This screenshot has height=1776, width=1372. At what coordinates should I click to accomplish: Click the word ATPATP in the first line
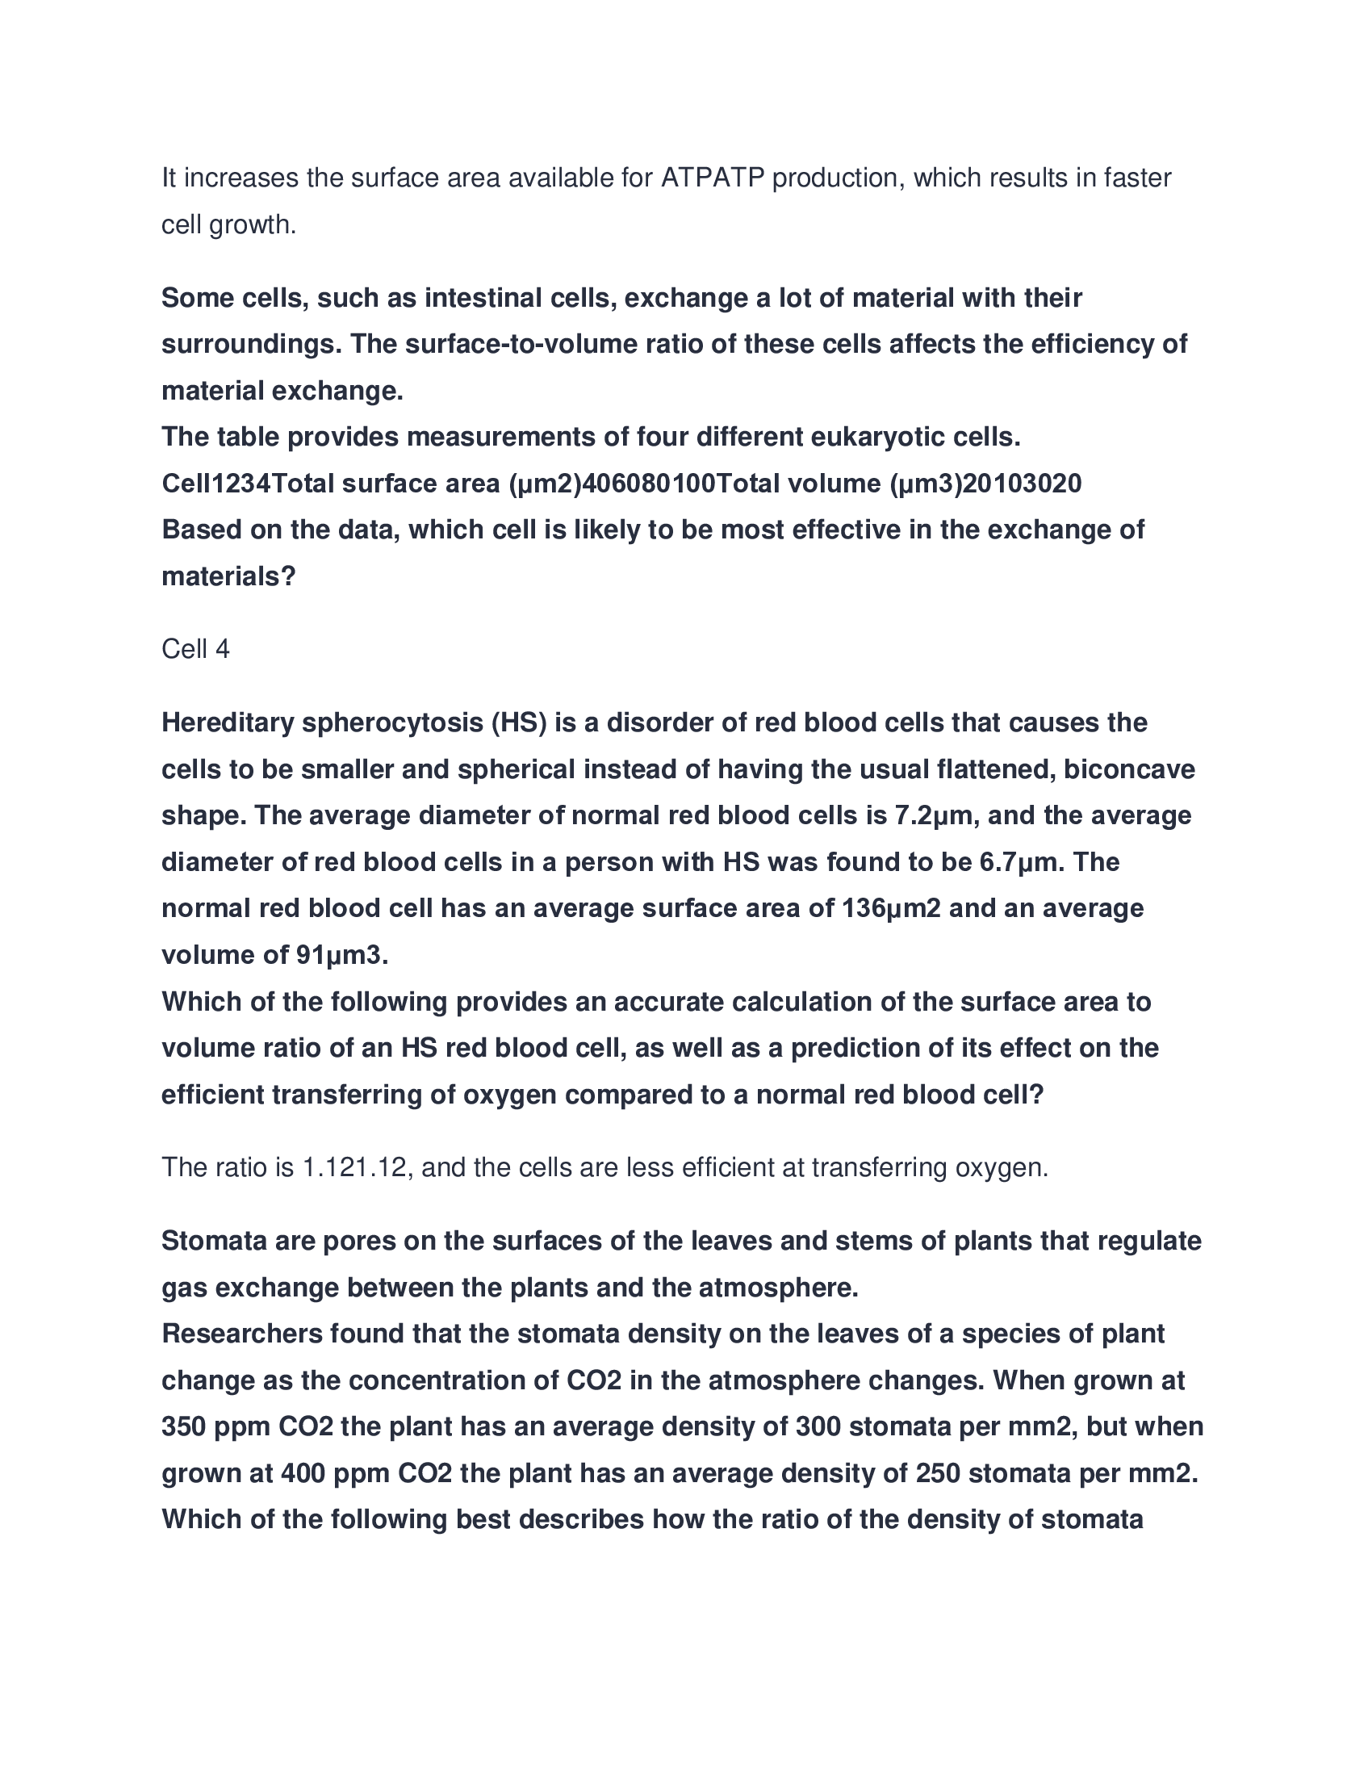(x=713, y=178)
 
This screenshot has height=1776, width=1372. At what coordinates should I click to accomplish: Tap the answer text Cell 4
(x=195, y=649)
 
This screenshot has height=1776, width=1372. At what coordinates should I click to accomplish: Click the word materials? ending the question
(x=228, y=576)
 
